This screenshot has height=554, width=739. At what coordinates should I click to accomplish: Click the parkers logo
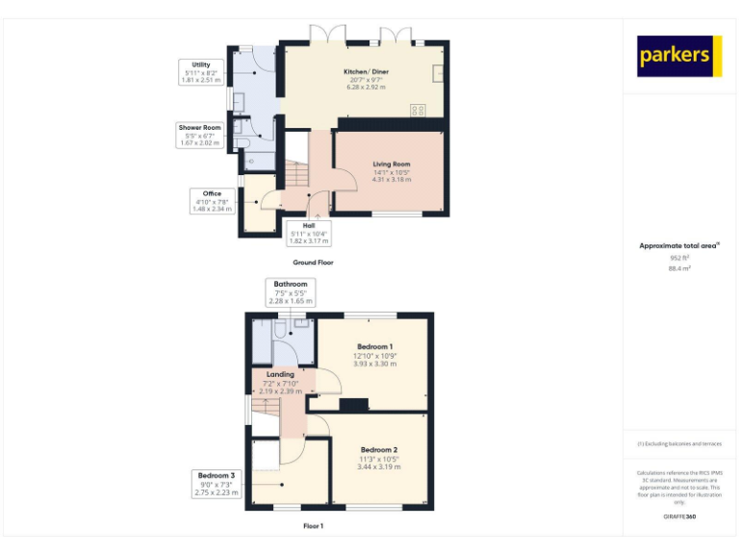tap(678, 57)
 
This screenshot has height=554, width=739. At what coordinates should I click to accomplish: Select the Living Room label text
tap(392, 171)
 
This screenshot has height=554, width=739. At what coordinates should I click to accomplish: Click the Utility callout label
tap(200, 72)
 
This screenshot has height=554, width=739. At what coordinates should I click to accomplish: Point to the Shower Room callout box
tap(199, 135)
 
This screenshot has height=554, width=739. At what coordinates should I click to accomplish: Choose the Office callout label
tap(212, 200)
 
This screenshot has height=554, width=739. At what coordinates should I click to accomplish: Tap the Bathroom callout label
tap(291, 292)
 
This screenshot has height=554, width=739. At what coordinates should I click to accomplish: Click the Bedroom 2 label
tap(378, 458)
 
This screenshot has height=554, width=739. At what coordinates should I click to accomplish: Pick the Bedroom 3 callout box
tap(217, 484)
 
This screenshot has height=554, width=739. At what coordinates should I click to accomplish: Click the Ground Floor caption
tap(313, 262)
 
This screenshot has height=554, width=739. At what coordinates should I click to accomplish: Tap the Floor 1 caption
tap(313, 526)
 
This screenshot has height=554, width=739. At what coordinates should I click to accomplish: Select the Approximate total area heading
tap(678, 246)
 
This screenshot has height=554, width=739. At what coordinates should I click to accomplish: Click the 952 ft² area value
tap(679, 258)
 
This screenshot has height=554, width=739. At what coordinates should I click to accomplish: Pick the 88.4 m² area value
tap(679, 269)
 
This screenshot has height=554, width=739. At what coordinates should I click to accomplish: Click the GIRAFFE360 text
tap(679, 517)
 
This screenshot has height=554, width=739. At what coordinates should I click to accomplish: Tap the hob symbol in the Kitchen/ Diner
tap(419, 109)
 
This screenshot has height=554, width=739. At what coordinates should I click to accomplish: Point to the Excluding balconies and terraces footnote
tap(679, 443)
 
